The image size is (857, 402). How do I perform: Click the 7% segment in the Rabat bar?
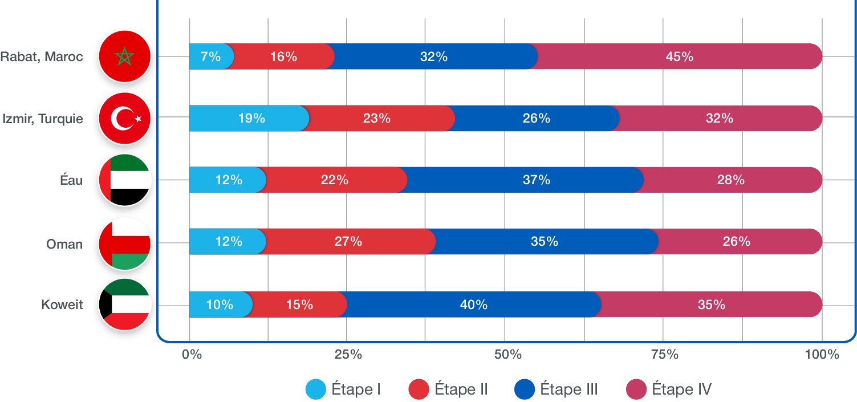point(210,56)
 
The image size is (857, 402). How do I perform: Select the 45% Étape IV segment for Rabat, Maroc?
point(679,56)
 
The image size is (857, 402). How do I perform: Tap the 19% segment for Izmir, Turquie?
point(251,119)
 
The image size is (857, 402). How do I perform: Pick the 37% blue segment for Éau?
point(536,180)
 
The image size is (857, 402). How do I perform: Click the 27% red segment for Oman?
point(348,242)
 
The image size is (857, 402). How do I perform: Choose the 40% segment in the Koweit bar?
point(473,304)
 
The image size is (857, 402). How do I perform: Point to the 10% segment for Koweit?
point(220,304)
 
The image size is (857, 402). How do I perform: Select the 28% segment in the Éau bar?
point(730,180)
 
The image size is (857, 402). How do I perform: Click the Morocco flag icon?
point(124,56)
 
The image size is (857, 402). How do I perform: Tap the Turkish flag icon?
point(124,119)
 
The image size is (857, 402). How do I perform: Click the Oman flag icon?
point(124,243)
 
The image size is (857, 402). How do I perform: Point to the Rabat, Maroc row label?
point(42,56)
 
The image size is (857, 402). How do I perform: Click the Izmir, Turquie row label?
point(43,119)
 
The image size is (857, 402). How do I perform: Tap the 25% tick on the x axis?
point(348,354)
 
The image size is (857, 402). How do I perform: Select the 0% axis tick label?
point(192,354)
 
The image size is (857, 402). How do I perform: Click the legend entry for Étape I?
point(343,389)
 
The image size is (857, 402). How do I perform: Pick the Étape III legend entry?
point(556,389)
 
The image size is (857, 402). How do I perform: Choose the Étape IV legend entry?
point(669,389)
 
